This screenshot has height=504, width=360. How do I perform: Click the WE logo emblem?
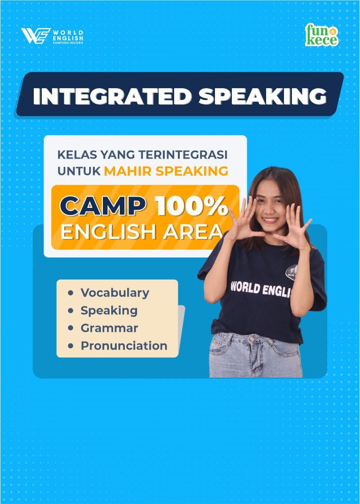tap(36, 36)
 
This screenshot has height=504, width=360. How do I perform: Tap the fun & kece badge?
tap(322, 35)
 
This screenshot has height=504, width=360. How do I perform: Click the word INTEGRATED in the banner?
tap(112, 96)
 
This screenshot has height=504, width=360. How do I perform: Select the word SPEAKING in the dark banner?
tap(262, 96)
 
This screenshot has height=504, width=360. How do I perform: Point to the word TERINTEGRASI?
tap(183, 154)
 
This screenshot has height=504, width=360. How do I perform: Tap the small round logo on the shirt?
tap(291, 272)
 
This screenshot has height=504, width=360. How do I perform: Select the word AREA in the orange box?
tap(193, 232)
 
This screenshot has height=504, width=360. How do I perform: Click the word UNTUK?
tap(79, 171)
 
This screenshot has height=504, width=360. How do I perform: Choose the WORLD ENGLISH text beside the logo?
tap(68, 36)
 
